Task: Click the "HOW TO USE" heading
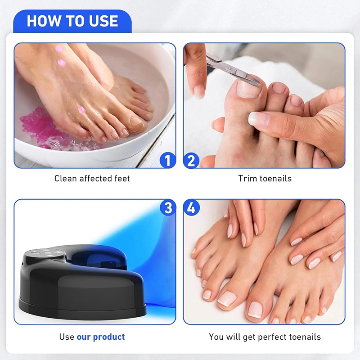pyautogui.click(x=72, y=21)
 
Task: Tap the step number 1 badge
pyautogui.click(x=168, y=160)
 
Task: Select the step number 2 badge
pyautogui.click(x=191, y=161)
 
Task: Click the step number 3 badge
pyautogui.click(x=168, y=207)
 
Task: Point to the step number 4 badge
pyautogui.click(x=191, y=207)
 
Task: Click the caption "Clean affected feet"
pyautogui.click(x=92, y=178)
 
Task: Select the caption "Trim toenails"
pyautogui.click(x=265, y=178)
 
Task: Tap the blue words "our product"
pyautogui.click(x=101, y=337)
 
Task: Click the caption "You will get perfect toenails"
pyautogui.click(x=265, y=337)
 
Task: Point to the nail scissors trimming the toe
pyautogui.click(x=232, y=69)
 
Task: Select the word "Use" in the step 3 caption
pyautogui.click(x=67, y=337)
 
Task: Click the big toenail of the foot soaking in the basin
pyautogui.click(x=135, y=121)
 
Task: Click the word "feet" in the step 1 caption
pyautogui.click(x=122, y=178)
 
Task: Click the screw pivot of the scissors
pyautogui.click(x=230, y=68)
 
